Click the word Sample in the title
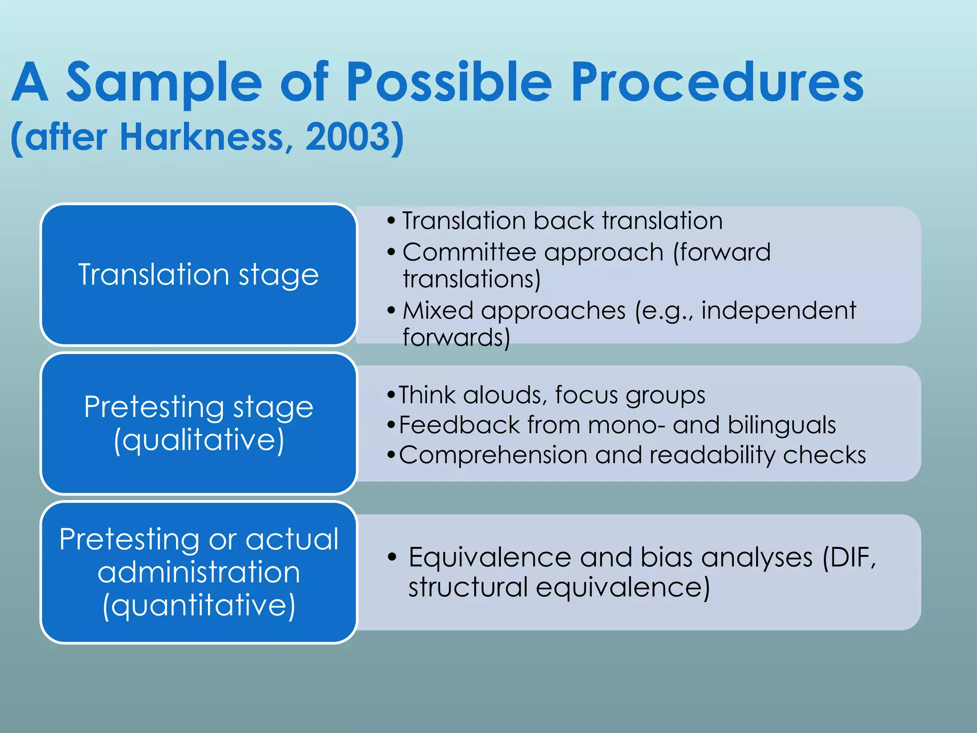tap(164, 83)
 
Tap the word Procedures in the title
tap(717, 83)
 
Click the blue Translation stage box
tap(198, 274)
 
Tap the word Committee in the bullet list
tap(469, 252)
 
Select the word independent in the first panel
tap(779, 311)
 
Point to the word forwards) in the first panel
tap(456, 337)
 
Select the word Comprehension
tap(493, 455)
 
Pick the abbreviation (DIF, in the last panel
tap(850, 557)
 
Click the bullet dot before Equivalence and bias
tap(392, 557)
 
